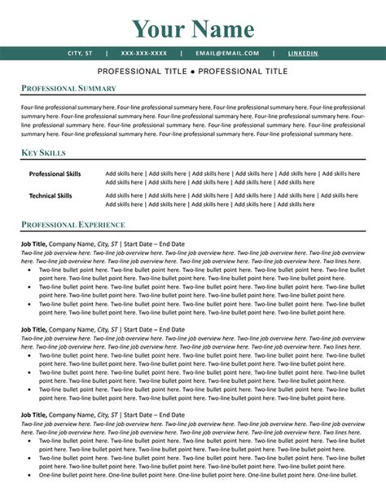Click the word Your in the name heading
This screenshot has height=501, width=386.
[160, 29]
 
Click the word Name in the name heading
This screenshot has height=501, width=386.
[224, 29]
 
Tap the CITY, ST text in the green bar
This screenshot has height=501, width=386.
[80, 53]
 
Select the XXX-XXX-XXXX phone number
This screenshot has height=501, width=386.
[144, 53]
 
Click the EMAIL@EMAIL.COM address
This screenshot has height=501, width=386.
[227, 53]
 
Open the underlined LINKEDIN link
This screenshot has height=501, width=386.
[303, 53]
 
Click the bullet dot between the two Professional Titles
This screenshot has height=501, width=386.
[193, 72]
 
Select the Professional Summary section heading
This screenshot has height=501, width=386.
[68, 88]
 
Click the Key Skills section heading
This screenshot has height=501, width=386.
[44, 153]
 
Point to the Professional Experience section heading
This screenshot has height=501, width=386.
[73, 224]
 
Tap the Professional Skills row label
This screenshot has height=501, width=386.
[55, 174]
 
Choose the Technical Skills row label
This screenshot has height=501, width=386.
[50, 196]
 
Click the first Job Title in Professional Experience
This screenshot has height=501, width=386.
[33, 244]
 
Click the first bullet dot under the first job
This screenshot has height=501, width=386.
[29, 268]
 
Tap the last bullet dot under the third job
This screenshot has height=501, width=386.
[29, 474]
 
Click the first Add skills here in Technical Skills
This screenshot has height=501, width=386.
[125, 196]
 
